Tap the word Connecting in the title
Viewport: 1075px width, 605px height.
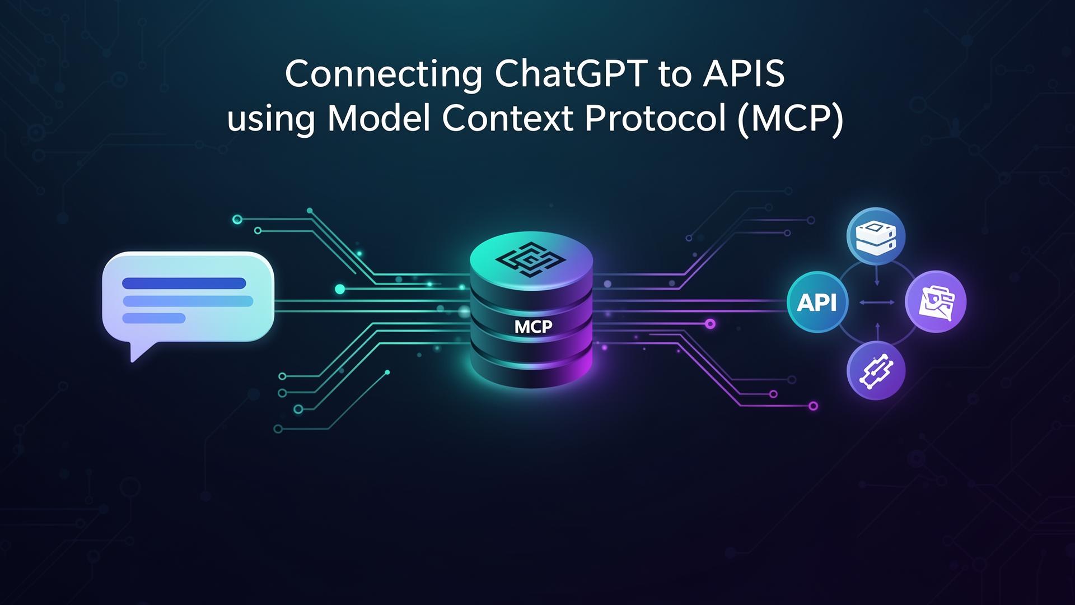pos(384,75)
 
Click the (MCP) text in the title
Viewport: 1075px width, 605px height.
pos(789,119)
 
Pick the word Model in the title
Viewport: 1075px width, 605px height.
pos(379,119)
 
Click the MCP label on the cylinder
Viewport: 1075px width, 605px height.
pos(533,327)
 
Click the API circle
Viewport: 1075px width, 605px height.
pos(817,302)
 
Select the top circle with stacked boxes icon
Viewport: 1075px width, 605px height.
pos(876,235)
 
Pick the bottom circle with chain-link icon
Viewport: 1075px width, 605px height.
pos(876,370)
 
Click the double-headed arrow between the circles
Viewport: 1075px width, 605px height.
pos(877,302)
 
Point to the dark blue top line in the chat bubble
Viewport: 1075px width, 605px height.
pos(184,283)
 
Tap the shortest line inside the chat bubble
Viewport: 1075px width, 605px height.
pos(154,318)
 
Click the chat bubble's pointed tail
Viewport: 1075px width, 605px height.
pos(136,353)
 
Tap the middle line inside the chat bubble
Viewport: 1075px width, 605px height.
pos(188,301)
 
